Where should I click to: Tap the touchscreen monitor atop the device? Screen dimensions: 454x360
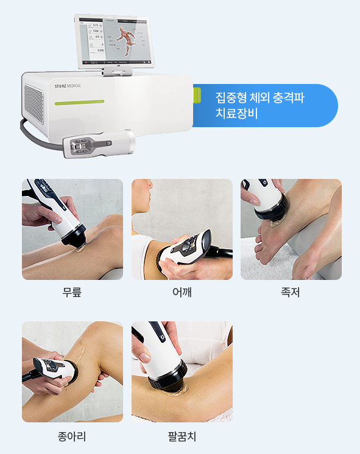pyautogui.click(x=114, y=41)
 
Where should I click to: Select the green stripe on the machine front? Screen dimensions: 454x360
pyautogui.click(x=79, y=103)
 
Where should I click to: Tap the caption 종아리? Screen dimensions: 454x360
pyautogui.click(x=72, y=436)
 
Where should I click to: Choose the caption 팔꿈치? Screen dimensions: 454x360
pyautogui.click(x=182, y=436)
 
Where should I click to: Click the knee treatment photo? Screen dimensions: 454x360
pyautogui.click(x=72, y=229)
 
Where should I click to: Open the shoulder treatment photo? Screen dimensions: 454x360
pyautogui.click(x=182, y=229)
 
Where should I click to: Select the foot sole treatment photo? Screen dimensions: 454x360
pyautogui.click(x=291, y=229)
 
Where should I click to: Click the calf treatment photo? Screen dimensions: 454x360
pyautogui.click(x=72, y=372)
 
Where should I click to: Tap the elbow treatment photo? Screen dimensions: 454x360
pyautogui.click(x=182, y=372)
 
